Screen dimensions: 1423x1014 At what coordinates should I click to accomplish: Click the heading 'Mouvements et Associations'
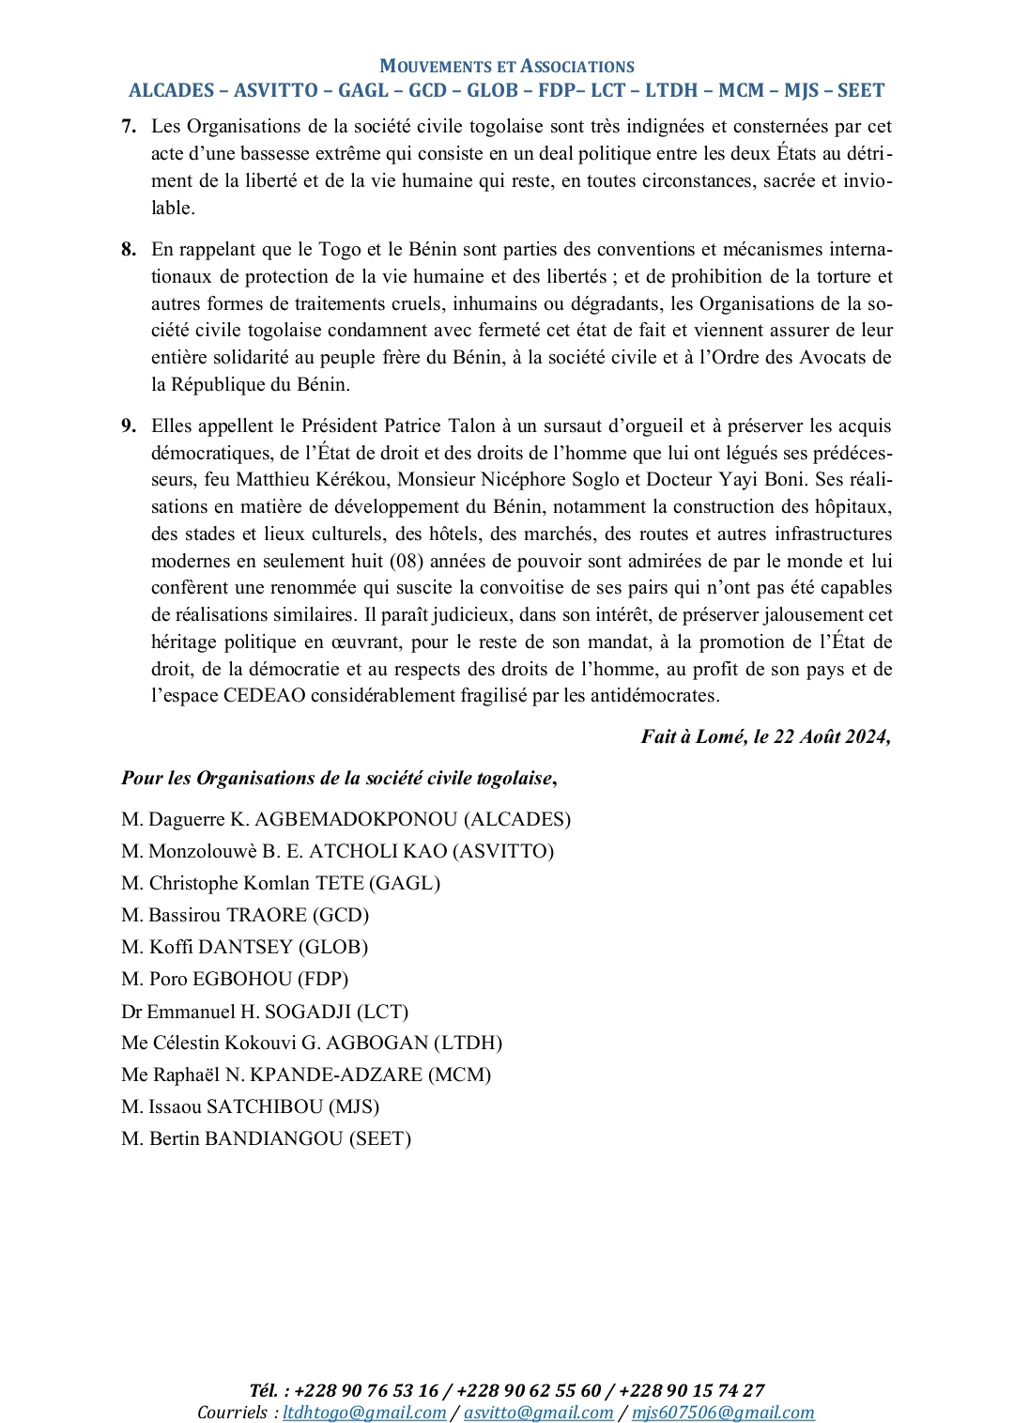(507, 67)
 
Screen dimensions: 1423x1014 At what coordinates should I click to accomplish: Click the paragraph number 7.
(128, 127)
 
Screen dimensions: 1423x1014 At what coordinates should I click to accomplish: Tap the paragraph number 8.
(128, 250)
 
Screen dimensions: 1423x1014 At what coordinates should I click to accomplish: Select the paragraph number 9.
(128, 426)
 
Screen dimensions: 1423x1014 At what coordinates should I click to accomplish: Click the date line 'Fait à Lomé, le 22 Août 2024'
(765, 737)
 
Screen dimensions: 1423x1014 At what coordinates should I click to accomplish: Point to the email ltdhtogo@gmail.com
(364, 1413)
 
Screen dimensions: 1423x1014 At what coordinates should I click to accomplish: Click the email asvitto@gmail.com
(538, 1413)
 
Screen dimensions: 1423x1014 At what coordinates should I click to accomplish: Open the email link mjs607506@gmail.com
(723, 1413)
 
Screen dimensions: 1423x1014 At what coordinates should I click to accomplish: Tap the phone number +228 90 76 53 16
(366, 1391)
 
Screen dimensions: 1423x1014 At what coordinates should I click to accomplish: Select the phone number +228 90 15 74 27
(692, 1391)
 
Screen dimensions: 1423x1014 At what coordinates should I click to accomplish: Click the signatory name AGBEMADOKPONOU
(356, 820)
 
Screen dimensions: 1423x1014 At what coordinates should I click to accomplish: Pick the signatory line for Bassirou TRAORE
(245, 916)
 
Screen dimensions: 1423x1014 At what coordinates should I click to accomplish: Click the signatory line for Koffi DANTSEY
(244, 948)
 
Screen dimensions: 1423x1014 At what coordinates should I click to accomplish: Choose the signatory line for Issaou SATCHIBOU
(250, 1107)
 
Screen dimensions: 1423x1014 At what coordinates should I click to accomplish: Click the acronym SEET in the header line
(861, 91)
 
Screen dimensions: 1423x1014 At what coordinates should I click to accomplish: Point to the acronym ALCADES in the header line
(172, 91)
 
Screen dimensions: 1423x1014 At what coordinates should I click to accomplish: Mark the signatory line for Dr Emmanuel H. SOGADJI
(265, 1013)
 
